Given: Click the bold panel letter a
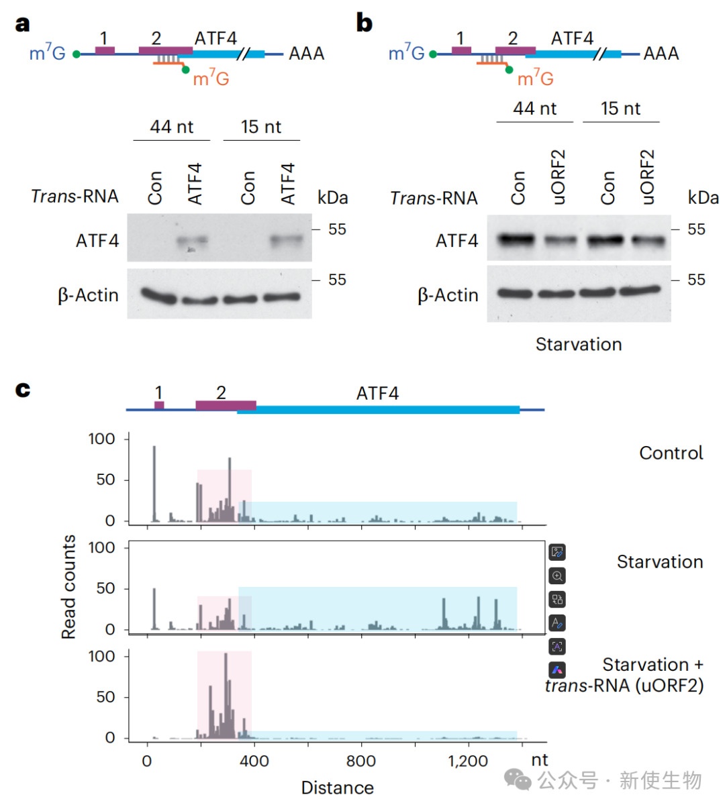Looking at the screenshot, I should tap(23, 24).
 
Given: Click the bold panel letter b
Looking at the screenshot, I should tap(364, 23).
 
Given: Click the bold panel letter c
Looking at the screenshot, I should tap(23, 390).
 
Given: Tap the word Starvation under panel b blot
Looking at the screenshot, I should tap(578, 344).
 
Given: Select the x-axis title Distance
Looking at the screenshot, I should tap(337, 788).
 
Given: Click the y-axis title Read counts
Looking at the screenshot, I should tap(68, 587).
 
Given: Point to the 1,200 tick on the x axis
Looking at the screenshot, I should tap(468, 761).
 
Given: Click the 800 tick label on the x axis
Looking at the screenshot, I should tap(361, 761).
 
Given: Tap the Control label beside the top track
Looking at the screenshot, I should tap(671, 453).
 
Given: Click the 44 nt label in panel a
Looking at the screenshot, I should tap(171, 127).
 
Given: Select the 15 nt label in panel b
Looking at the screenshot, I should tap(620, 109).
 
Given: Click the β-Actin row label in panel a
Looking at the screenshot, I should tap(88, 295).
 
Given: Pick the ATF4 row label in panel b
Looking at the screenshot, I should tap(456, 240).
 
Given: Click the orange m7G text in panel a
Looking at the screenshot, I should tap(211, 78).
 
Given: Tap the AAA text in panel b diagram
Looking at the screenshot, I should tap(661, 53).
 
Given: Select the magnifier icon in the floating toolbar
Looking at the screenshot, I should tap(557, 576).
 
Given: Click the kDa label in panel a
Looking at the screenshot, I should tap(332, 197).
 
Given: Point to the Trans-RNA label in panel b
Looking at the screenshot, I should tap(434, 199).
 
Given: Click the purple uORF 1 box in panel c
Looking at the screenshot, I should tap(159, 405).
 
